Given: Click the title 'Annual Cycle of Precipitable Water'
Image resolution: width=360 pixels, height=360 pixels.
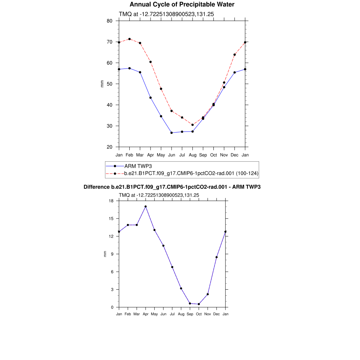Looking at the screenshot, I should [182, 5].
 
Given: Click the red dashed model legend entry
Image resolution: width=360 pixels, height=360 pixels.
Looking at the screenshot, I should [192, 173].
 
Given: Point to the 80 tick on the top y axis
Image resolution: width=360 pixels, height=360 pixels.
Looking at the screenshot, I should [110, 21].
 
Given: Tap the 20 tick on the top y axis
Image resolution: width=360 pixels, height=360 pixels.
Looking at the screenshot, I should [110, 147].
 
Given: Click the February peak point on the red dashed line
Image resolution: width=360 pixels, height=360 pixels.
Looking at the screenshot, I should [129, 39].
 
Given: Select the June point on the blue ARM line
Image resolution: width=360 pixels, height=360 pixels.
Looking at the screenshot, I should [172, 133].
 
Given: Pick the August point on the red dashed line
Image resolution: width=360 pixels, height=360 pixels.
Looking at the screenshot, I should [193, 125].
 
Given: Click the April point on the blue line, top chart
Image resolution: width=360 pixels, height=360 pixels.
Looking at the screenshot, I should [150, 98].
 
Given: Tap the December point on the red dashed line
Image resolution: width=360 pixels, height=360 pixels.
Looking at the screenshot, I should [234, 54].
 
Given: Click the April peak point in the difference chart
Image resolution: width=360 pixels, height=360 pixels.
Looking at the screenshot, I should [146, 207].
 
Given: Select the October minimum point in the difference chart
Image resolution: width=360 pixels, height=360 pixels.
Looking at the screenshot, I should [199, 304].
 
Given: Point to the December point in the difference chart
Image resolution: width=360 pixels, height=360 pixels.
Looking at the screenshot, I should [217, 257].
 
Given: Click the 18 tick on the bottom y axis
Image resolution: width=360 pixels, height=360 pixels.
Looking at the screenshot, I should [111, 201].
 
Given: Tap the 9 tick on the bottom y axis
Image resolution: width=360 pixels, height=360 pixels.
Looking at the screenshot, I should [112, 254].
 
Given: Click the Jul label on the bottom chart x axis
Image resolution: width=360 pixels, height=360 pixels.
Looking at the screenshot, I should [172, 314].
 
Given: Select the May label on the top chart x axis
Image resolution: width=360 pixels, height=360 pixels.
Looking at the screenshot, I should [161, 155].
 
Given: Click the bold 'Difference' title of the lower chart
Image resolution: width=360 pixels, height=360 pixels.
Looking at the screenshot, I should [172, 187].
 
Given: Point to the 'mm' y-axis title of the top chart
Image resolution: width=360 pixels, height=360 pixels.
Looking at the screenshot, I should [102, 84].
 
